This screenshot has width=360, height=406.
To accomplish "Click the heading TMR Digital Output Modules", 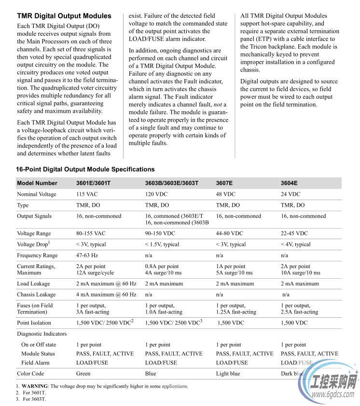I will (x=64, y=16).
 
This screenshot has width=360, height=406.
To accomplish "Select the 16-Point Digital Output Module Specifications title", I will (x=85, y=169).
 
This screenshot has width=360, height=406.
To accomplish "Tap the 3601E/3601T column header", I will (x=93, y=183).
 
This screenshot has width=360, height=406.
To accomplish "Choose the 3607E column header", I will (x=224, y=183).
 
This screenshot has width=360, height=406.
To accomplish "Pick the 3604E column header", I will (x=289, y=183).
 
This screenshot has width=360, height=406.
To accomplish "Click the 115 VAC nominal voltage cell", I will (x=87, y=194).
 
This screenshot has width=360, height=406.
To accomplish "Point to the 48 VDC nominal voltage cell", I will (x=226, y=194).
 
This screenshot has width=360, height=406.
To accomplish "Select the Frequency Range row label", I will (x=37, y=256).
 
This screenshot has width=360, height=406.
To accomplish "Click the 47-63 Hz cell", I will (x=87, y=256).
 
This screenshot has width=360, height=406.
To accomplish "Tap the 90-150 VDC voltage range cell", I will (x=160, y=233).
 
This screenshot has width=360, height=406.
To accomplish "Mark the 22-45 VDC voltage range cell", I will (x=294, y=233).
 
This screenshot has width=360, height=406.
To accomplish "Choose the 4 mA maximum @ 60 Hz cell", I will (x=106, y=294).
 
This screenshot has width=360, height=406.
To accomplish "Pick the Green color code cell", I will (x=83, y=374).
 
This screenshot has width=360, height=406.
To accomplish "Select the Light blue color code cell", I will (x=228, y=374).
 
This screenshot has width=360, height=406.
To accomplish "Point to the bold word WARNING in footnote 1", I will (x=34, y=386).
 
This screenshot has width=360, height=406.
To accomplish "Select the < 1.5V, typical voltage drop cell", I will (x=162, y=244).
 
